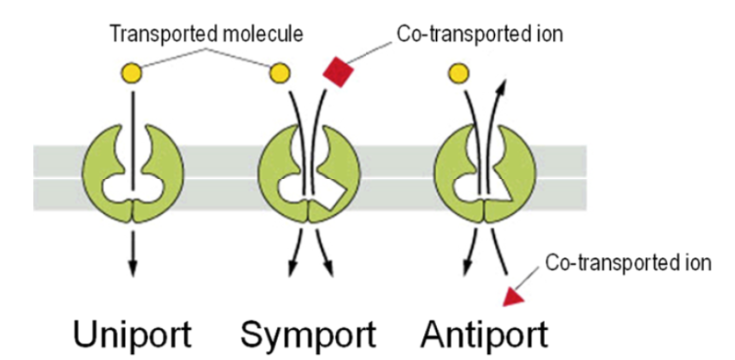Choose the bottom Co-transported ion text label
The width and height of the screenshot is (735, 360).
coord(628,263)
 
